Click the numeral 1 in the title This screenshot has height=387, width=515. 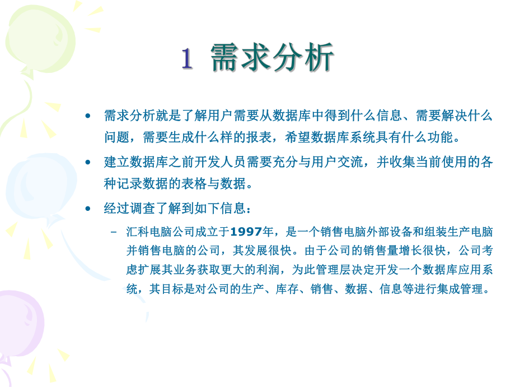[x=187, y=59]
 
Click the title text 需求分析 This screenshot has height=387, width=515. [x=273, y=58]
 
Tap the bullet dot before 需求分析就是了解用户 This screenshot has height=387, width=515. [x=87, y=116]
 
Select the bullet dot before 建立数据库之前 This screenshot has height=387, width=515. [x=87, y=162]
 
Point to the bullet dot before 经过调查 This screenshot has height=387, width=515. [x=87, y=209]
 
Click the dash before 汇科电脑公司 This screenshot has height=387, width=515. [x=115, y=232]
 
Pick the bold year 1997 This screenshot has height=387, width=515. [x=246, y=232]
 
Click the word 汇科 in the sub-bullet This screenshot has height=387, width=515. [x=139, y=232]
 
